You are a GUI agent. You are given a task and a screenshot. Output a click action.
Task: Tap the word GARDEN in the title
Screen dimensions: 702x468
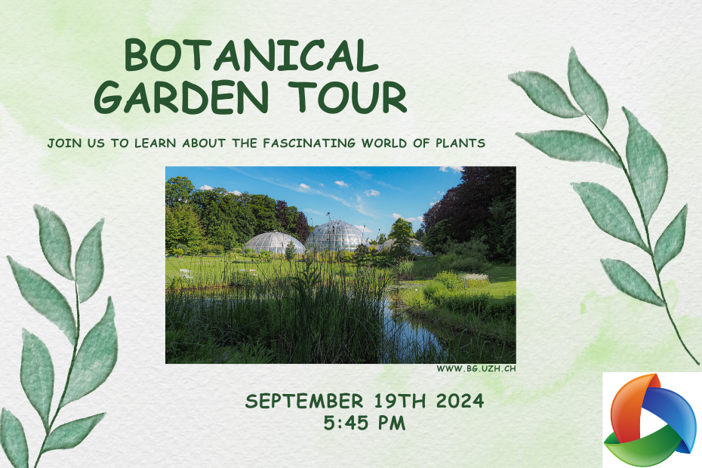pos(181,97)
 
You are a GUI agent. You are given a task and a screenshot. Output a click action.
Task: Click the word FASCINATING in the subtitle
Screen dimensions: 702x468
pos(309,143)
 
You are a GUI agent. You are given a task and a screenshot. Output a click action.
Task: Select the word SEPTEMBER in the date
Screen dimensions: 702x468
pos(304,401)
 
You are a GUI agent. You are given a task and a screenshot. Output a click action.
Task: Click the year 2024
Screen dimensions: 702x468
pos(460,401)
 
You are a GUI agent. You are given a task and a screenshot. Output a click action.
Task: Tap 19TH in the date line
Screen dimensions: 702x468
pos(399,401)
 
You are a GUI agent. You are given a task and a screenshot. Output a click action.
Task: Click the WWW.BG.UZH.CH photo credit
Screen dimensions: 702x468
pos(476,368)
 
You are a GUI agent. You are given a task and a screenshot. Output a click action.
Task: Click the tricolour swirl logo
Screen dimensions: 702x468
pos(650,420)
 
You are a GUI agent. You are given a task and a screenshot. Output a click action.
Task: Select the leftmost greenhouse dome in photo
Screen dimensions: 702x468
pos(273,242)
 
